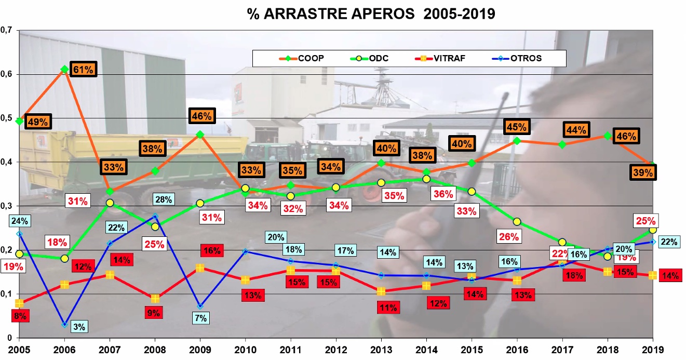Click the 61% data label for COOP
83,70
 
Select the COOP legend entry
302,58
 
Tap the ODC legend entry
369,58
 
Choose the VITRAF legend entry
440,58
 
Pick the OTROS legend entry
517,58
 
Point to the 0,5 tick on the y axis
6,118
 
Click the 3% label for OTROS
79,327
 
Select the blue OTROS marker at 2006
64,324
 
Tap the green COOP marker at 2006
64,69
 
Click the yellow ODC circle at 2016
517,221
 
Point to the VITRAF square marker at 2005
19,303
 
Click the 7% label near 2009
200,318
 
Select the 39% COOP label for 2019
643,172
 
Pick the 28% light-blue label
164,199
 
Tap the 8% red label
21,316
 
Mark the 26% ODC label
509,236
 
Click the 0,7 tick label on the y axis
6,30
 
